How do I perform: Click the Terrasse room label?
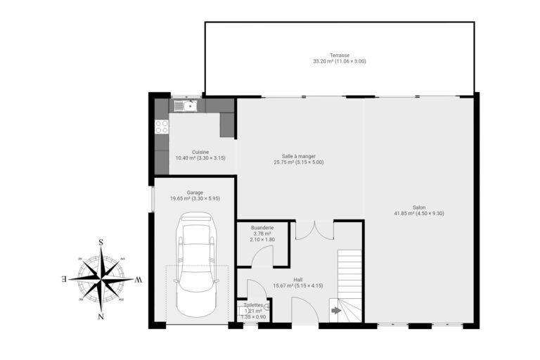click(x=340, y=55)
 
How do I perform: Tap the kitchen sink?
click(x=186, y=106)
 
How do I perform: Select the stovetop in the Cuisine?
click(x=162, y=127)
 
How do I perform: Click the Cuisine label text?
click(x=200, y=152)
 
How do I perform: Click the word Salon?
click(x=419, y=207)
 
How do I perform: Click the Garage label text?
click(x=195, y=192)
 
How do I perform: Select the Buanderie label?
click(x=262, y=228)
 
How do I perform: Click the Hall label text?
click(x=297, y=279)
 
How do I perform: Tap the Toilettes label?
click(x=253, y=305)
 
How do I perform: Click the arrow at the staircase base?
click(x=335, y=309)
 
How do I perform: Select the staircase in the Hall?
click(x=349, y=278)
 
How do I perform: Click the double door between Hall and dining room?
click(x=314, y=230)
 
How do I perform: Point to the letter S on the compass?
click(x=101, y=243)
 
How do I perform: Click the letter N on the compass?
click(x=101, y=316)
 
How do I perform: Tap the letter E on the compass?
click(x=65, y=280)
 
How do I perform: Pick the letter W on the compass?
click(x=139, y=280)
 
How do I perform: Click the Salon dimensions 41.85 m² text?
click(x=419, y=213)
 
